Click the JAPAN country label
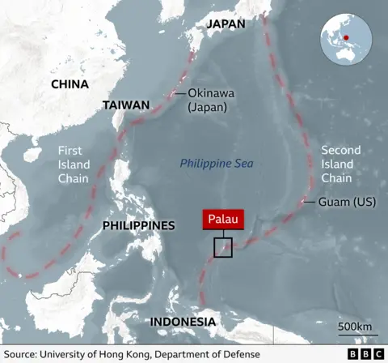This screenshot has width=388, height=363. tap(226, 23)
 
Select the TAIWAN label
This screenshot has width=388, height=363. tap(126, 105)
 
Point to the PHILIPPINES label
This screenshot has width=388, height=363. tap(138, 224)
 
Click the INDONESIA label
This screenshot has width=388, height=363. tap(183, 322)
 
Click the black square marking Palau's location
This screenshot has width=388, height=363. tap(223, 247)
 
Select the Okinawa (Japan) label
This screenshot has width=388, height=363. tap(207, 100)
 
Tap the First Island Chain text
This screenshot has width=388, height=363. tap(74, 164)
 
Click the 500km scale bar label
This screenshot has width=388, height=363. tap(355, 326)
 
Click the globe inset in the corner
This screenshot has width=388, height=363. tap(345, 39)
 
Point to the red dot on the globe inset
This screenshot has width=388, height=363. tap(345, 37)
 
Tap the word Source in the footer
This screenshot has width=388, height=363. tap(22, 354)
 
